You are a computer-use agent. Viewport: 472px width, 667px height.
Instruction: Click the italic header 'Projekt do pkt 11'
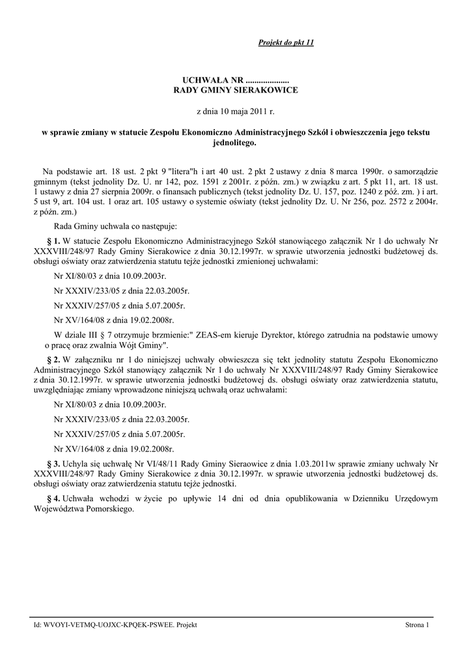pyautogui.click(x=286, y=43)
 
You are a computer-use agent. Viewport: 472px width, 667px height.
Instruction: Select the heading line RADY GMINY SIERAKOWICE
pyautogui.click(x=235, y=89)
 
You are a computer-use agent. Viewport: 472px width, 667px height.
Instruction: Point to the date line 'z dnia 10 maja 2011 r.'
pyautogui.click(x=235, y=112)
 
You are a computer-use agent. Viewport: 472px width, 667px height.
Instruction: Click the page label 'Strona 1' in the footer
pyautogui.click(x=417, y=625)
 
